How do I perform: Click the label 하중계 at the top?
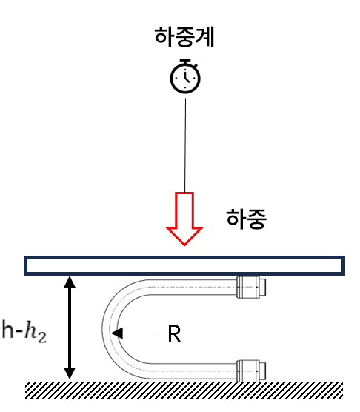pos(184,37)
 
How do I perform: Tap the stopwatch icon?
pos(185,76)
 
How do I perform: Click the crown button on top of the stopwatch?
pos(185,62)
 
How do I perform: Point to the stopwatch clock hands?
pos(187,76)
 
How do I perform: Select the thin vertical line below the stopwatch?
pos(185,145)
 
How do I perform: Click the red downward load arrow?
pos(184,219)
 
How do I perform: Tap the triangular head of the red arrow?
pos(184,236)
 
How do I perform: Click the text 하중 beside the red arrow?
pos(247,219)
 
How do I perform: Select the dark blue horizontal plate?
pos(184,265)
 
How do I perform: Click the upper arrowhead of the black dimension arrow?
pos(70,282)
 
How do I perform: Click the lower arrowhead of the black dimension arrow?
pos(70,373)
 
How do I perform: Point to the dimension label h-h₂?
pos(24,330)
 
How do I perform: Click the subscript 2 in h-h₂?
pos(41,337)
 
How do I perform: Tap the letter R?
pos(174,333)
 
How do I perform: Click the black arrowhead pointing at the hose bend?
pos(117,333)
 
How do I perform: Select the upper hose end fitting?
pos(251,287)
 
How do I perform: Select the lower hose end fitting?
pos(251,371)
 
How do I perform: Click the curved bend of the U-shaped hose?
pos(110,329)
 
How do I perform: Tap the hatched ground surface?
pos(184,390)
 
